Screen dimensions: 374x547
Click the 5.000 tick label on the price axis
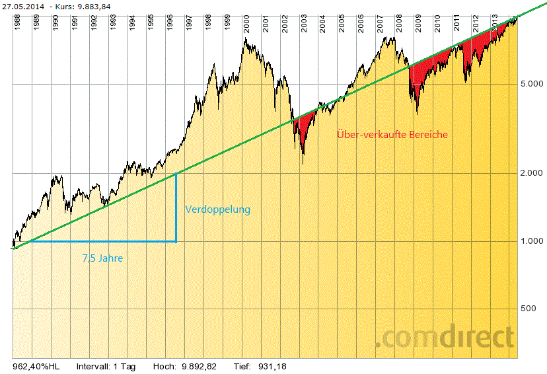coord(531,85)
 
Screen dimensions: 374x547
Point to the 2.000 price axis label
coord(531,173)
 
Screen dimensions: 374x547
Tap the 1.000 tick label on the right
coord(531,241)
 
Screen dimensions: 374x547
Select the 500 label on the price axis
coord(529,309)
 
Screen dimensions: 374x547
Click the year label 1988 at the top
coord(17,25)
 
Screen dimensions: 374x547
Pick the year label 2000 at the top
coord(246,25)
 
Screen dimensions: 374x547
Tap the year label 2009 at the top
coord(418,25)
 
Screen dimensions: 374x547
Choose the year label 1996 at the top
coord(170,25)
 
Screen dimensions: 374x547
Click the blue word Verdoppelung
coord(218,209)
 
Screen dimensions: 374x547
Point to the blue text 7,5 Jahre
coord(102,258)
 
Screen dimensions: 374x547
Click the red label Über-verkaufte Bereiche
coord(392,134)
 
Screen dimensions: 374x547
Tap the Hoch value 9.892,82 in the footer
coord(199,365)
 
